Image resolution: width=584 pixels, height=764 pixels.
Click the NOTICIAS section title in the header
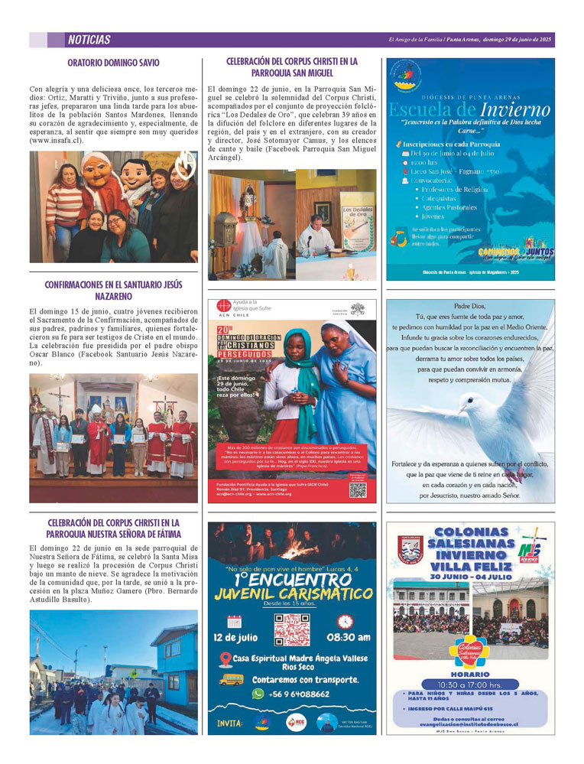[89, 40]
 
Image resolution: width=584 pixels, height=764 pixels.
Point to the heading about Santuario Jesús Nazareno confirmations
[113, 290]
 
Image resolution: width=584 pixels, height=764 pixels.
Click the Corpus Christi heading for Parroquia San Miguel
[292, 67]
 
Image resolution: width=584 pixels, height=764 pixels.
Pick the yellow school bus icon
[232, 679]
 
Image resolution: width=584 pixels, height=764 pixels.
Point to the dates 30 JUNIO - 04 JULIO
[469, 574]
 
